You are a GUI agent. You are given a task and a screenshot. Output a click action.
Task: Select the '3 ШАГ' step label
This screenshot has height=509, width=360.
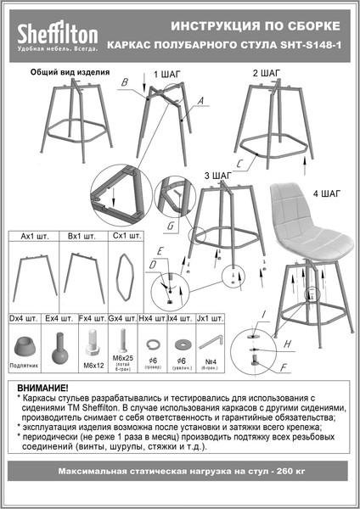point(218,175)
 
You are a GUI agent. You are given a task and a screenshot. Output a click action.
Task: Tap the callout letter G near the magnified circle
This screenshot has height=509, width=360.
point(170,227)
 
